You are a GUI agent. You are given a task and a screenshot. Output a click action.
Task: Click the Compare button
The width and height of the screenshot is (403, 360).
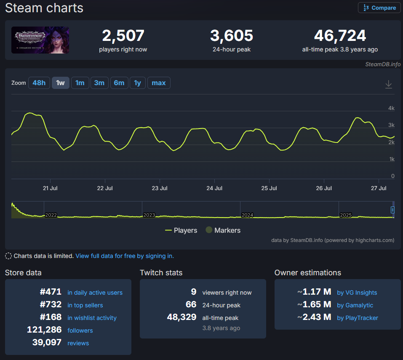(379, 8)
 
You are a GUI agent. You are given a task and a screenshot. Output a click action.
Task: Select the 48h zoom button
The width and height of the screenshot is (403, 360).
(39, 83)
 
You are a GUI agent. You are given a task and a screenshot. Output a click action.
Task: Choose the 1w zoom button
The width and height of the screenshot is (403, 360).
(60, 83)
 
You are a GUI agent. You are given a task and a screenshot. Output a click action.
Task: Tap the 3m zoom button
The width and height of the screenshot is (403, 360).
(99, 83)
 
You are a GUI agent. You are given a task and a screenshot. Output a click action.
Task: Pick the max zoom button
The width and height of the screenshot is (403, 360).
(158, 83)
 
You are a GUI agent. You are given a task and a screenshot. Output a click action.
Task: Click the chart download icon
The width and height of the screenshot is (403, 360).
(388, 84)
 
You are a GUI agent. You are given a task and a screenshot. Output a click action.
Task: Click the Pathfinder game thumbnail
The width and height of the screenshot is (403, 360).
(40, 40)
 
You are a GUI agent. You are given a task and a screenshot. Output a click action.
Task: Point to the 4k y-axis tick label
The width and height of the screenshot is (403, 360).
(391, 108)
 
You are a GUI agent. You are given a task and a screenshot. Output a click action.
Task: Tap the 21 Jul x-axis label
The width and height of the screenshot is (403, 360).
(51, 188)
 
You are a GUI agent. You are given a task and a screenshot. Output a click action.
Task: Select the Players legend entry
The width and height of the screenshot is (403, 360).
(181, 230)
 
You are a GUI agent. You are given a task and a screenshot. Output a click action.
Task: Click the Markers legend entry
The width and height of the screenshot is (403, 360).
(223, 230)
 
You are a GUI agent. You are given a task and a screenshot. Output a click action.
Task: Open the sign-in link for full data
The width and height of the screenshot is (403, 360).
(125, 256)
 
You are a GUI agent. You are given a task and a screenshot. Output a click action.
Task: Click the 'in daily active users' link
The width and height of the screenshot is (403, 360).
(95, 293)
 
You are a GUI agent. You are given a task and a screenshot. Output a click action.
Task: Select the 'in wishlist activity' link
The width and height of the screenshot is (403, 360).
(92, 318)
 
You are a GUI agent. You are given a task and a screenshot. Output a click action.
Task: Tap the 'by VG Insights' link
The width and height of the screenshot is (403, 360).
(357, 293)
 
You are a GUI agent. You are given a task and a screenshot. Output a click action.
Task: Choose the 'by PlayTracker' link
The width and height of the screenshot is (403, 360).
(358, 318)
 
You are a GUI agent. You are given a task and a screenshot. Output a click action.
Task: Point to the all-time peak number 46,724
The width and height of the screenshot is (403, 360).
(340, 36)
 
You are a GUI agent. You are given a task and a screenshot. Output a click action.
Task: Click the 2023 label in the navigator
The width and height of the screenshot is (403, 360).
(149, 215)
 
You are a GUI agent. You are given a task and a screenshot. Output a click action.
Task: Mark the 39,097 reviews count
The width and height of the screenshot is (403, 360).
(47, 343)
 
